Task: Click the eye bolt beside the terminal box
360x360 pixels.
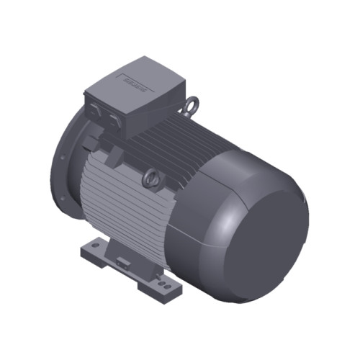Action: coord(192,107)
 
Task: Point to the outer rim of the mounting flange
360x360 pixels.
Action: coord(59,173)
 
